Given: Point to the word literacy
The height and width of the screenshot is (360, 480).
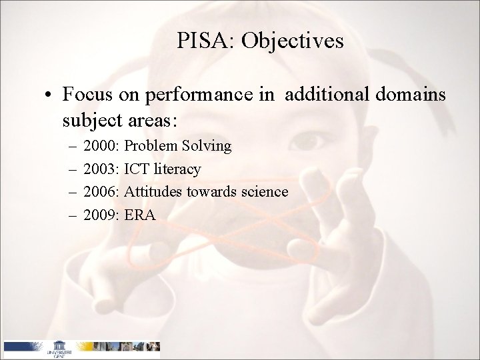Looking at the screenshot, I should point(177,169).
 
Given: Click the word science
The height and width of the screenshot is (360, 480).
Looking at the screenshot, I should point(264,192).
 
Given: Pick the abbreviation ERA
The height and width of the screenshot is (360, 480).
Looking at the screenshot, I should point(140,215).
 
